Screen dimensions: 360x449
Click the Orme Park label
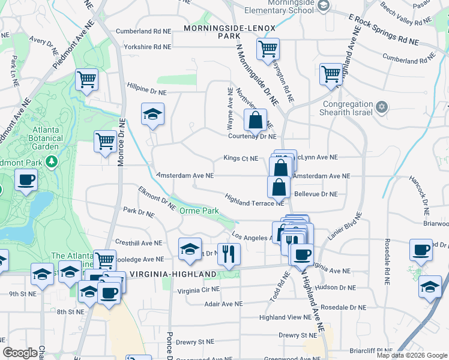pyautogui.click(x=200, y=211)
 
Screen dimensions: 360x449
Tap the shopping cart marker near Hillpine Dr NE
pyautogui.click(x=87, y=80)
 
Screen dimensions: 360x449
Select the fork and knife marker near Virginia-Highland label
pyautogui.click(x=228, y=254)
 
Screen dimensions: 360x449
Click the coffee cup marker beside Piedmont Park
pyautogui.click(x=26, y=180)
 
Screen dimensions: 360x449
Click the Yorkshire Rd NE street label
pyautogui.click(x=147, y=46)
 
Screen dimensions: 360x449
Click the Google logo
pyautogui.click(x=20, y=353)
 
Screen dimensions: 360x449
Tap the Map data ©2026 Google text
pyautogui.click(x=412, y=355)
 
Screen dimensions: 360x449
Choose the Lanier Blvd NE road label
pyautogui.click(x=345, y=226)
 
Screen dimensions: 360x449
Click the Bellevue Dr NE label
pyautogui.click(x=316, y=194)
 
